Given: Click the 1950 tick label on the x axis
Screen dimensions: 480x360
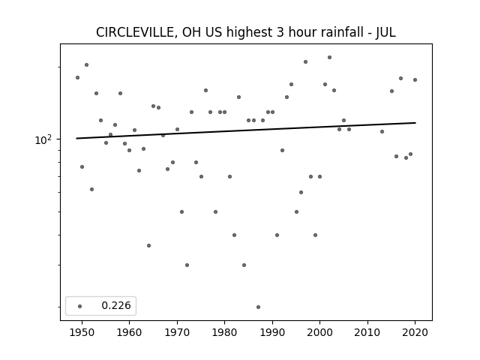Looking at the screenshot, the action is (82, 333).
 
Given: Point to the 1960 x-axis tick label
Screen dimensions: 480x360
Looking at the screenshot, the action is (129, 333).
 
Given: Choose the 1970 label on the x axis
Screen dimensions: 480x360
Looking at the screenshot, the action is (177, 333).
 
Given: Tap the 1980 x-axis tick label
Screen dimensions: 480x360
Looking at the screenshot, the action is (224, 333).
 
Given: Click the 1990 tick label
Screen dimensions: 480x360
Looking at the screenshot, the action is (272, 333).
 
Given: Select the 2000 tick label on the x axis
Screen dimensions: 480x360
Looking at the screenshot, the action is (320, 333).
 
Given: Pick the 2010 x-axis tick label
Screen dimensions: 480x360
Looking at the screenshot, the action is (367, 333).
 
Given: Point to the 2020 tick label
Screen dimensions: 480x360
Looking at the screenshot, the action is (415, 333).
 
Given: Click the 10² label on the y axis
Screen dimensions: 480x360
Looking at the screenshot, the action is (43, 139).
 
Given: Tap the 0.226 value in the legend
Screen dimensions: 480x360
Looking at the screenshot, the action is (116, 305).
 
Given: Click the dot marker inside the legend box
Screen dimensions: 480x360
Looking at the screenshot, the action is (80, 306).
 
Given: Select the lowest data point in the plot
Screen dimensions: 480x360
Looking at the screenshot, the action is (258, 307).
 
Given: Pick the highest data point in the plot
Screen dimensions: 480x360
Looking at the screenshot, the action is (329, 57).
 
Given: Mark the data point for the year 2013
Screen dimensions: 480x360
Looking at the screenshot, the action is (382, 132).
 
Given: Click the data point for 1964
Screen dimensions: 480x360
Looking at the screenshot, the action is (148, 245).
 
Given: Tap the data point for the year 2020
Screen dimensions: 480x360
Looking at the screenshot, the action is (415, 80).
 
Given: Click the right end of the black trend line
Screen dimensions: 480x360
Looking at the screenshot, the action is (415, 123).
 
